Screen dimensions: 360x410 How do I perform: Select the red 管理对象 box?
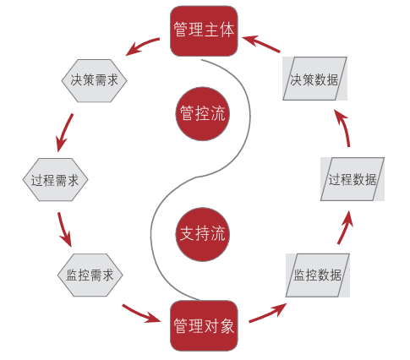[204, 325]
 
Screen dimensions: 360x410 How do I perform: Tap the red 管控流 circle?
[204, 113]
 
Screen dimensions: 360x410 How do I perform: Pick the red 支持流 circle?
[204, 232]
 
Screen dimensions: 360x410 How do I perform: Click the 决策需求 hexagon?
[94, 80]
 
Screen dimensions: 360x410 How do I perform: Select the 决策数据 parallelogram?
[314, 80]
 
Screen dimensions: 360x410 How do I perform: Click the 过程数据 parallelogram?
[352, 179]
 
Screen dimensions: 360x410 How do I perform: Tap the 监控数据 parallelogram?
[317, 275]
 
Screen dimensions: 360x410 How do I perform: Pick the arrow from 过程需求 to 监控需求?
[64, 228]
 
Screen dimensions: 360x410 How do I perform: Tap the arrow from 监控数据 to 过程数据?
[346, 226]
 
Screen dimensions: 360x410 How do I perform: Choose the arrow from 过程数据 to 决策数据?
[346, 131]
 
